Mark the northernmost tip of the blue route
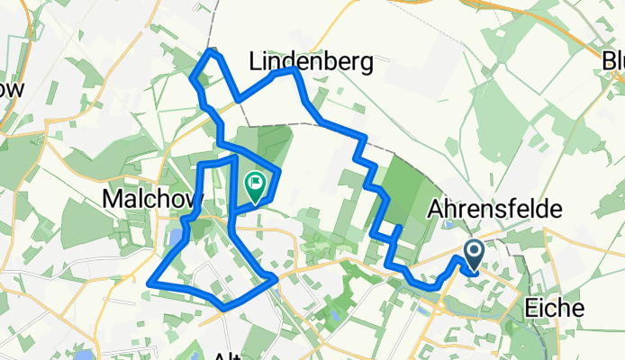[213, 51]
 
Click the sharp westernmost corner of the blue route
[147, 284]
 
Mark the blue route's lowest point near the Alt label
[223, 308]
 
